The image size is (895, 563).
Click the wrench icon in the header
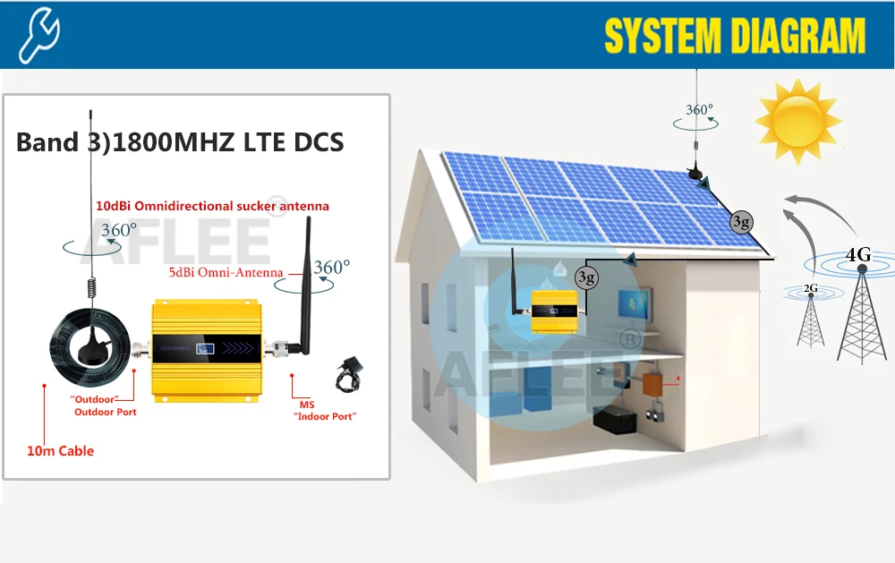[x=39, y=35]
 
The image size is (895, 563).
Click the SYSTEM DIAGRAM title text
[x=735, y=37]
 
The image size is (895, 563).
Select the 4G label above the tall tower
[x=857, y=255]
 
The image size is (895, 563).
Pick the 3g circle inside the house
[x=586, y=277]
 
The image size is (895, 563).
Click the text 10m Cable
[x=60, y=451]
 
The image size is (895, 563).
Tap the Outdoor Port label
[x=106, y=412]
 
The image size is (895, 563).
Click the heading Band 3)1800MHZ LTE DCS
[x=180, y=143]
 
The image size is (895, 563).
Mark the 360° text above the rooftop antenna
[x=699, y=110]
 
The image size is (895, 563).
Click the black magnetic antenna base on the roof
[x=696, y=171]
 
